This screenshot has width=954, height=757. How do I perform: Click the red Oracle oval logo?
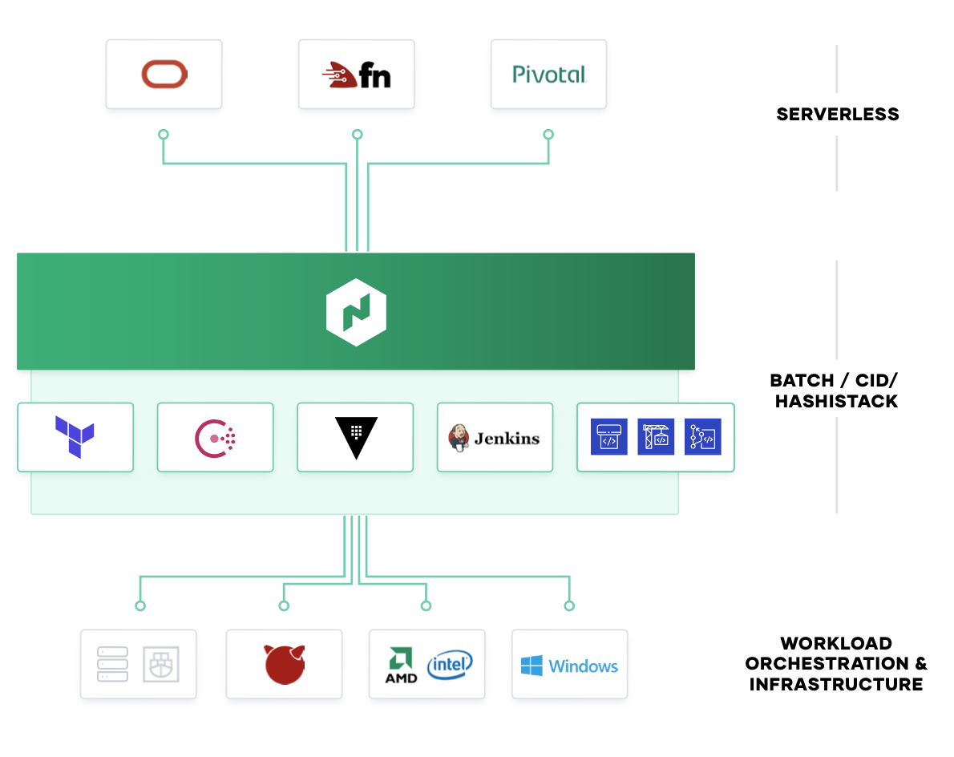(x=164, y=75)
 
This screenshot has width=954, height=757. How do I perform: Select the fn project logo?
(x=356, y=75)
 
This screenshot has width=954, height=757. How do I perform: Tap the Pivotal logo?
(x=549, y=75)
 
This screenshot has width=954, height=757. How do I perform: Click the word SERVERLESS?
(x=837, y=115)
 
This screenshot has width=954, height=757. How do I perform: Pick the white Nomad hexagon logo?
(x=356, y=312)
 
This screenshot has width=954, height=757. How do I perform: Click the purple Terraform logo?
(x=75, y=437)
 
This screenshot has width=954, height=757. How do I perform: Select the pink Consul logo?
(x=215, y=437)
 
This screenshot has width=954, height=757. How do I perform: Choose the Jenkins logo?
(x=495, y=438)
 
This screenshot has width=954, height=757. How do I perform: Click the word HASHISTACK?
(x=836, y=401)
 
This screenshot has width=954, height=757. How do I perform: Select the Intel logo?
(x=450, y=664)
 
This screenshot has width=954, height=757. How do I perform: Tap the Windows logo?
(x=569, y=666)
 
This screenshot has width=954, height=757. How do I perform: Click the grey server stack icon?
(x=113, y=664)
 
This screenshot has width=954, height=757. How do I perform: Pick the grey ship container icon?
(x=160, y=664)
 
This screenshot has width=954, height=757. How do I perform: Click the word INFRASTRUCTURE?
(x=836, y=685)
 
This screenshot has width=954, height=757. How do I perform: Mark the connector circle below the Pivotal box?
(x=548, y=135)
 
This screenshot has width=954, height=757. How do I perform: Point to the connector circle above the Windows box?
(x=569, y=605)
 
